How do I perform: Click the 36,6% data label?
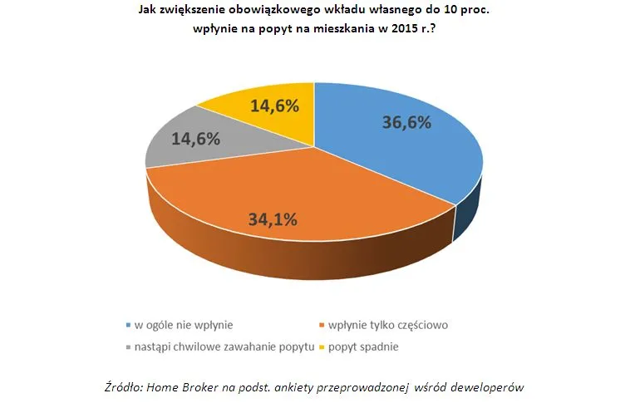click(406, 123)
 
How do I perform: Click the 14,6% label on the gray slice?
click(195, 139)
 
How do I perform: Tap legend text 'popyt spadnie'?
click(363, 346)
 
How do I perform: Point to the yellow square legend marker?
click(322, 346)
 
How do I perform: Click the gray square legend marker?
click(127, 346)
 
